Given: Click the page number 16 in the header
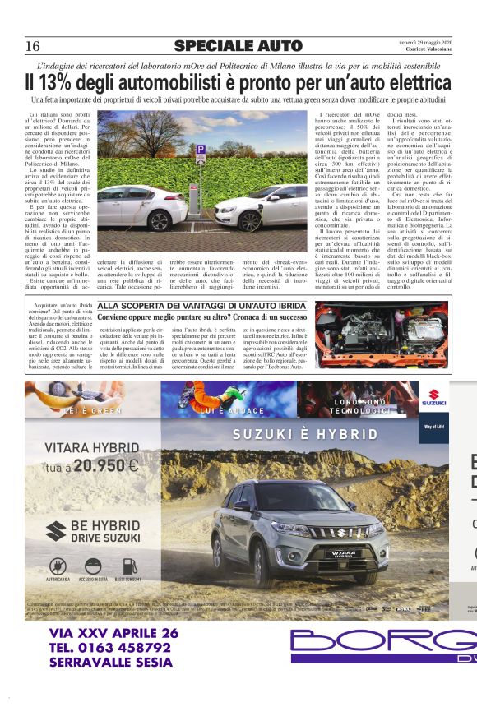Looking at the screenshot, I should coord(34,45).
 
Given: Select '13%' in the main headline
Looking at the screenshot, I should coord(75,83).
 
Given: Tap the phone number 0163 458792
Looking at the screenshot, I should coord(123,647).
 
